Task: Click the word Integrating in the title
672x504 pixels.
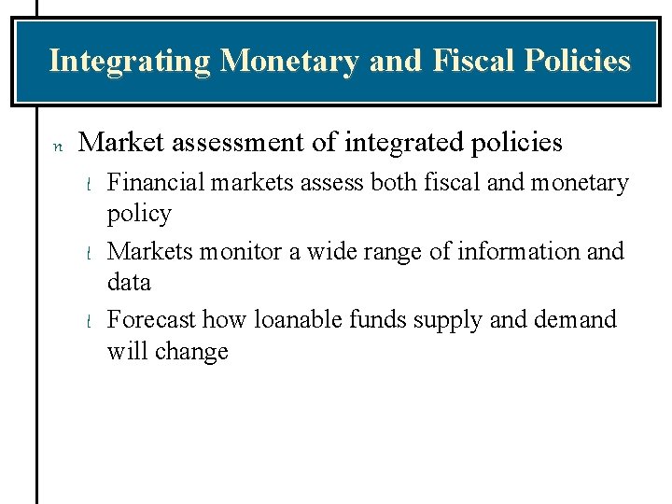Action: [130, 62]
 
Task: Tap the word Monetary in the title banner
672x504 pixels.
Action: [289, 62]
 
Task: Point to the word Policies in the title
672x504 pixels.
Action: [578, 62]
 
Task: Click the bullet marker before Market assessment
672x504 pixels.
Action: [58, 146]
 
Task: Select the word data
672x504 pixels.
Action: [130, 282]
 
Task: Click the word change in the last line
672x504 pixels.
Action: [193, 352]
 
